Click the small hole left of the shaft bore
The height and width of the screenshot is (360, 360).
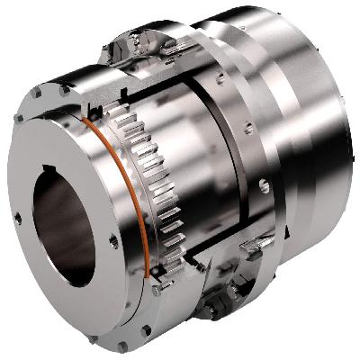[x=17, y=217]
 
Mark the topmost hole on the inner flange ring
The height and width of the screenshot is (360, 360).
[x=220, y=79]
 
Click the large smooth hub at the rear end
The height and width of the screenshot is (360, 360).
[x=310, y=135]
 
